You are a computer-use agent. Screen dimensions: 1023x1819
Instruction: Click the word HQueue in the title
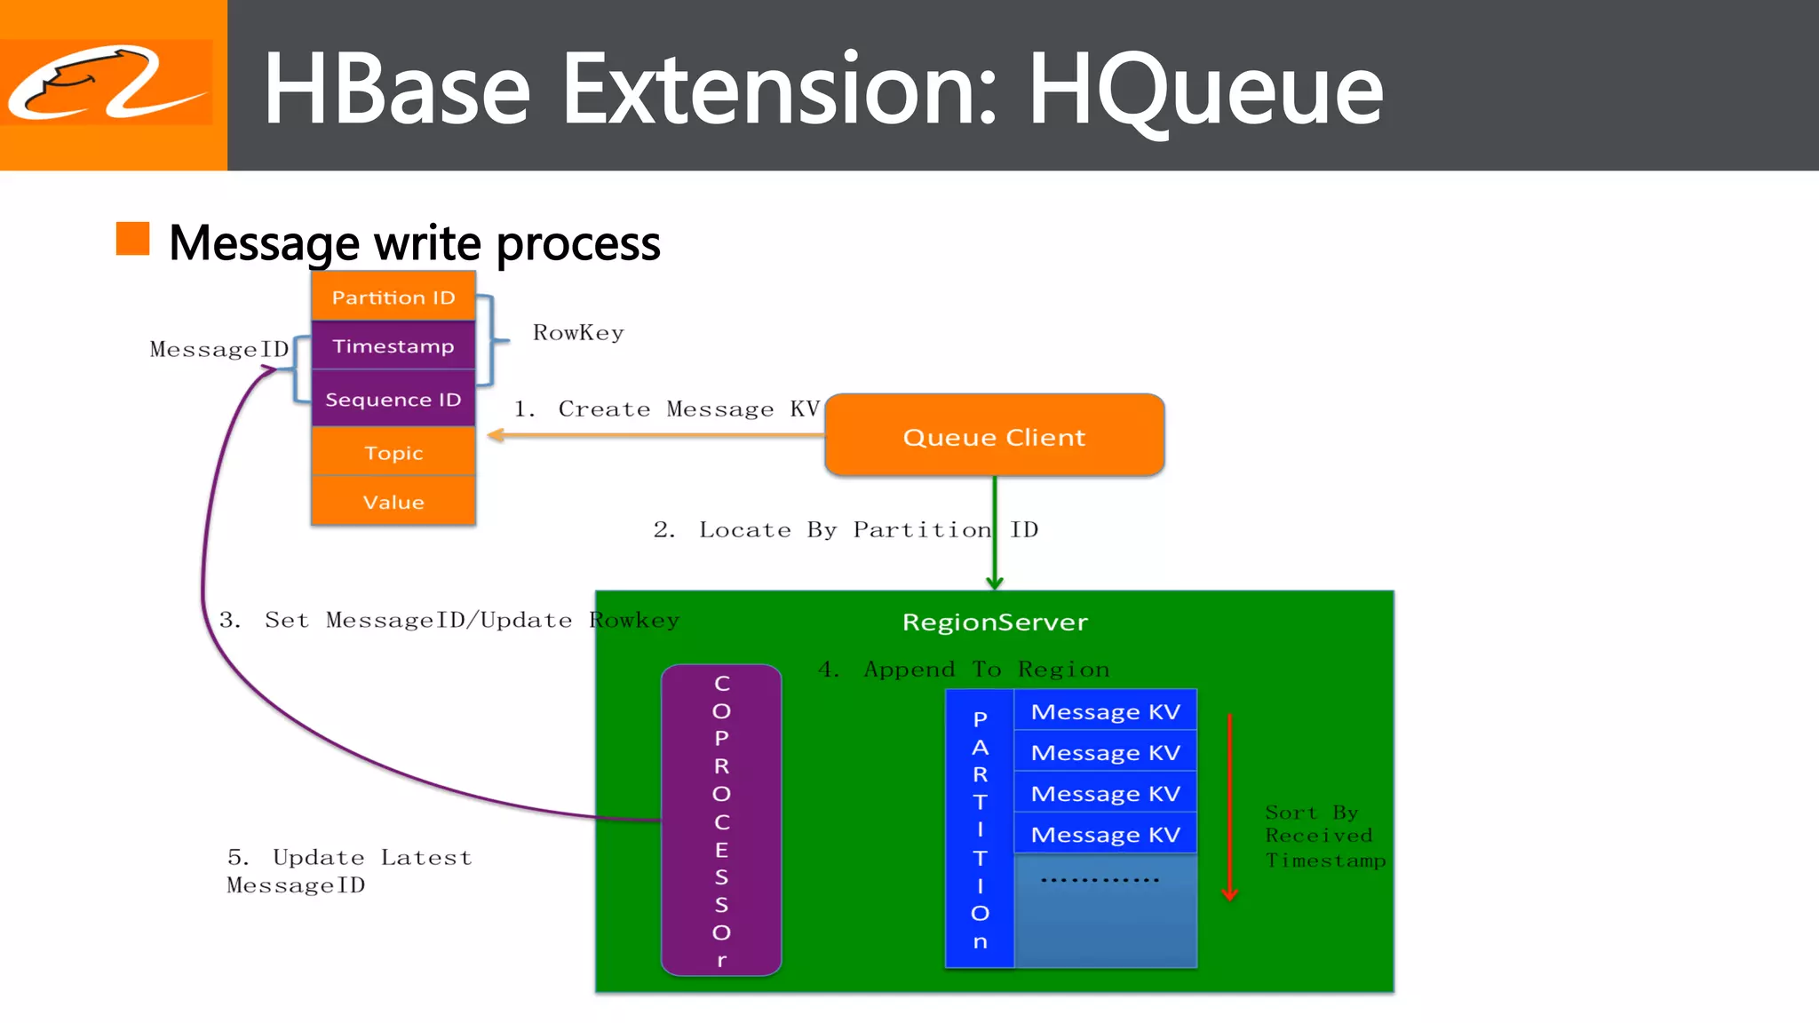click(x=1204, y=89)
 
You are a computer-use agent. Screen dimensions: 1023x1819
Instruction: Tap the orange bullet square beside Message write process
click(x=132, y=239)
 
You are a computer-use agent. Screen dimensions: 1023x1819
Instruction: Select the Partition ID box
click(x=393, y=297)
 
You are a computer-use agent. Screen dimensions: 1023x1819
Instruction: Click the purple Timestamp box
click(x=393, y=345)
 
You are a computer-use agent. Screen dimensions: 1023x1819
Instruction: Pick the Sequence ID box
click(x=393, y=399)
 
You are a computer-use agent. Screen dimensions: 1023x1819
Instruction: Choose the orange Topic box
click(x=393, y=452)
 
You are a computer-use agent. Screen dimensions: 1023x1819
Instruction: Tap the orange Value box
click(x=393, y=502)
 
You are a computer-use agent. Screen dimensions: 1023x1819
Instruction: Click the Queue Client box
click(x=994, y=436)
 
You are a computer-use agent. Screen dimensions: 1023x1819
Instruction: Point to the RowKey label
click(x=578, y=333)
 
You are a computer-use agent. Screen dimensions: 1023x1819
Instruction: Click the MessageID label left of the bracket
click(x=218, y=349)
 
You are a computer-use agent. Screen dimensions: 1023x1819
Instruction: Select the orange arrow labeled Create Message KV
click(x=657, y=434)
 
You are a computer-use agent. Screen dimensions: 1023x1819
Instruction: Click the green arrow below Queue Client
click(x=995, y=533)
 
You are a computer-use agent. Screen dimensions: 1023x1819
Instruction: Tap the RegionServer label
click(x=995, y=622)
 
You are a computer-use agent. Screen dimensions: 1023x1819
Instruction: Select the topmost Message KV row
click(x=1105, y=711)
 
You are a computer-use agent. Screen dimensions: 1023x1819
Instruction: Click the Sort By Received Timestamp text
click(x=1323, y=836)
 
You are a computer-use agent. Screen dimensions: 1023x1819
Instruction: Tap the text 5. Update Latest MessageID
click(x=348, y=870)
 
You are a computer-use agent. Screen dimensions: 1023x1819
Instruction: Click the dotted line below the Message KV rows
click(x=1100, y=880)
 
